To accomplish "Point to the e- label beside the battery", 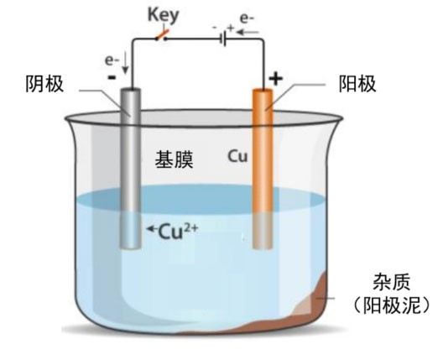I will coord(248,16).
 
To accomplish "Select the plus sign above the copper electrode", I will coord(276,79).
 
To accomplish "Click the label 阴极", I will coord(49,84).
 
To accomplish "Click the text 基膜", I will coord(174,160).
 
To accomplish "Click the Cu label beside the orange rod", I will coord(237,157).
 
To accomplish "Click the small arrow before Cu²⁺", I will coord(150,229).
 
